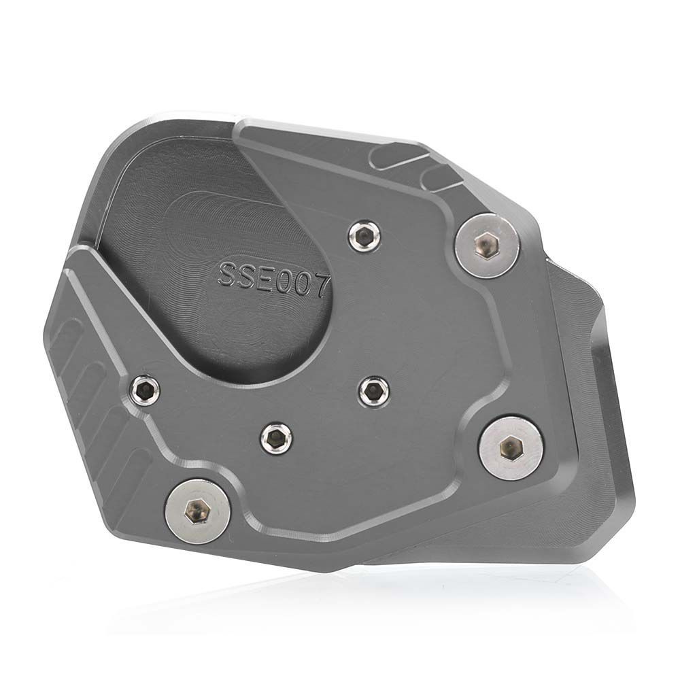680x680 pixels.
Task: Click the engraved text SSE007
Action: [x=273, y=274]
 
